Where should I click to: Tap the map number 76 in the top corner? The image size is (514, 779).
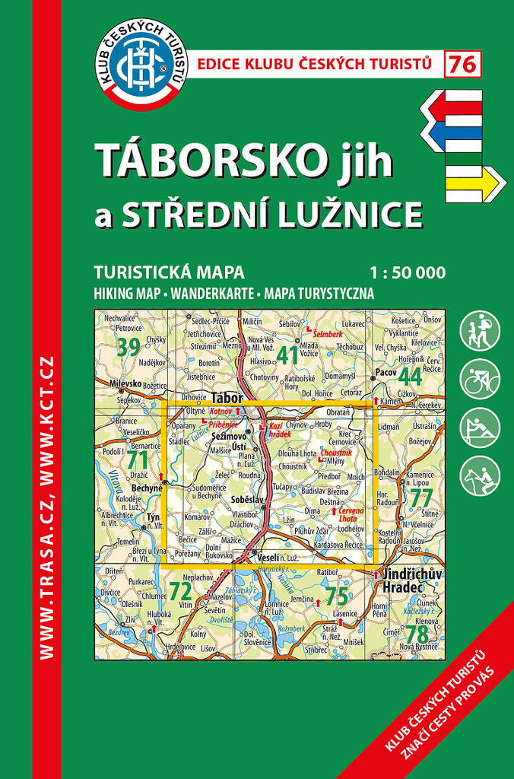[463, 65]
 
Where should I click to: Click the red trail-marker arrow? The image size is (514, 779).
[452, 107]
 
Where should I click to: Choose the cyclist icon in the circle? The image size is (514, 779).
[480, 378]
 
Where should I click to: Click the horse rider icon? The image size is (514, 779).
[480, 475]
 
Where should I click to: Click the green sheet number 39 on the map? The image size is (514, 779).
[130, 346]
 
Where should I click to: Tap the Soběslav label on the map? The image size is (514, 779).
[246, 498]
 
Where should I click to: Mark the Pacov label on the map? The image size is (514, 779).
[386, 374]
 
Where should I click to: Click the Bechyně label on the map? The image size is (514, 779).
[148, 488]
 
